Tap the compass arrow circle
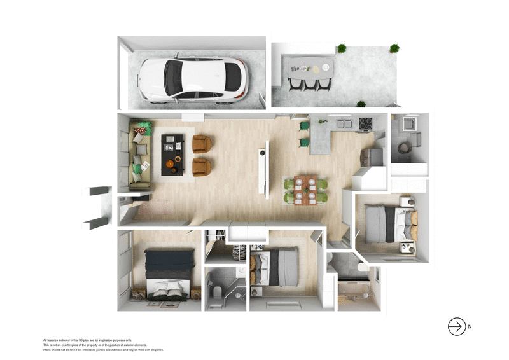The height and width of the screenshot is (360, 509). tap(457, 326)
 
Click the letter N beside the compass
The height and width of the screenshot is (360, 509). tap(470, 327)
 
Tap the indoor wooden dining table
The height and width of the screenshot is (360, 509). tap(306, 190)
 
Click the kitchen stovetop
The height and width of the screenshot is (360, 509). tap(366, 124)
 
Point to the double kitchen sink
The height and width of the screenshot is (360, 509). tap(344, 124)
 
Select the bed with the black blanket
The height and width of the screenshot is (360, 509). tap(167, 272)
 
